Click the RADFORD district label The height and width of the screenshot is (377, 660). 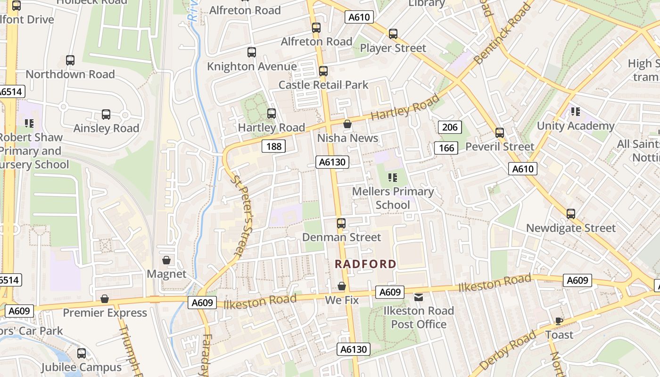point(365,264)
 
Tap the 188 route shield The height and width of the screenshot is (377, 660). point(273,147)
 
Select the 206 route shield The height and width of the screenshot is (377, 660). point(450,127)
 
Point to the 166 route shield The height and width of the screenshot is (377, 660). point(446,148)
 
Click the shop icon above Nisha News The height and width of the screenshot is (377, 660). point(347,124)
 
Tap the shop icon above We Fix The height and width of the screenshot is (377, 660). point(342,287)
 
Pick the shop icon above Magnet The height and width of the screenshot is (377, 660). point(166,260)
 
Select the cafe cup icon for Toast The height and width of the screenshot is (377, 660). point(559,321)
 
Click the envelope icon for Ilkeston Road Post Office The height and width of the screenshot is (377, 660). point(418,297)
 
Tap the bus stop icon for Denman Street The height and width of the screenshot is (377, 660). point(341,223)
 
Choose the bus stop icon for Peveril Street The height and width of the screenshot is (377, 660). point(500,133)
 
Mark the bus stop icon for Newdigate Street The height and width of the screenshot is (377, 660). point(571,214)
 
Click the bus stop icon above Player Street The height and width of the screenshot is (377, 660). point(393,34)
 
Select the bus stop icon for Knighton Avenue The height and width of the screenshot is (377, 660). point(252,52)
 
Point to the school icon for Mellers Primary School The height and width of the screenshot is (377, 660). point(392,178)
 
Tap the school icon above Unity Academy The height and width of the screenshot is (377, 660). point(575,112)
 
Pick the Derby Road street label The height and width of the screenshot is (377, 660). point(508,351)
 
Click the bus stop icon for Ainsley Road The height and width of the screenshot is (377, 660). point(106,115)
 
